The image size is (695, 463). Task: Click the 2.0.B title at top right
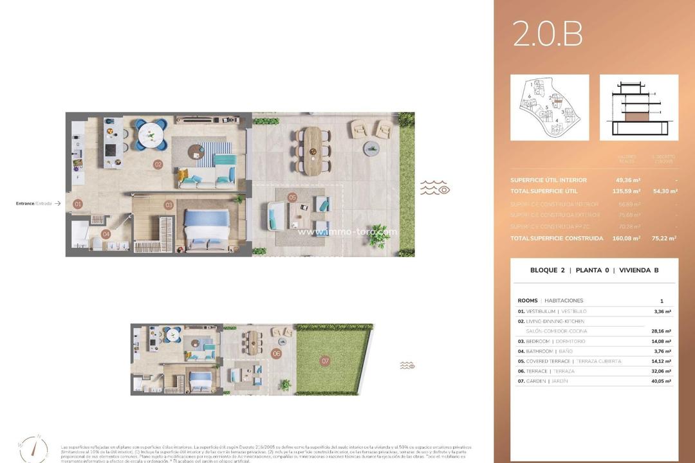coord(548,34)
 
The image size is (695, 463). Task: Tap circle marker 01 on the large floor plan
coord(78,204)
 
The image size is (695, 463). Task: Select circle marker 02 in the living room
coord(158,164)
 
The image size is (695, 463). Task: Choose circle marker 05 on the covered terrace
coord(292,197)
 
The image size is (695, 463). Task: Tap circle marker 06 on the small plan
coord(276,353)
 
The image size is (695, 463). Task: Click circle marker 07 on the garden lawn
coord(325,361)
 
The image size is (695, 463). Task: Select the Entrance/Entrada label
coord(34,203)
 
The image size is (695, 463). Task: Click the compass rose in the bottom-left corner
coord(33,448)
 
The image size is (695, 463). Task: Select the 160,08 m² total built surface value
coord(627,239)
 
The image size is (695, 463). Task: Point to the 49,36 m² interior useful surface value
coord(627,181)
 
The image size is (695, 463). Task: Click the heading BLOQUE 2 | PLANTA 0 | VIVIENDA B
coord(594,270)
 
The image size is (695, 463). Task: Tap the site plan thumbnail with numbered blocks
coord(550,107)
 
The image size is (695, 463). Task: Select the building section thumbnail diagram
coord(638,107)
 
